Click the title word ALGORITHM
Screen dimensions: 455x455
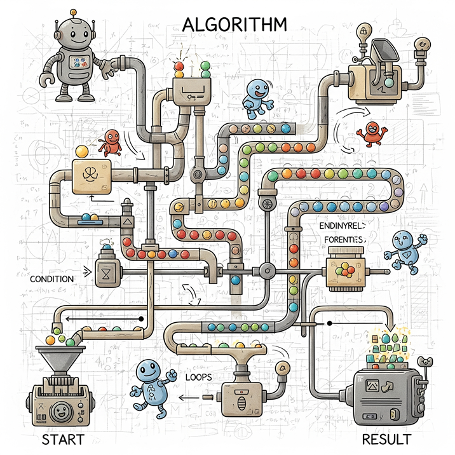tap(234, 24)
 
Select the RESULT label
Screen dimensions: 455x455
tap(386, 439)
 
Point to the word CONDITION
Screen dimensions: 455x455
tap(51, 278)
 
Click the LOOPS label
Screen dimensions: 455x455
tap(199, 376)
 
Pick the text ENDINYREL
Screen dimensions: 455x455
tap(341, 226)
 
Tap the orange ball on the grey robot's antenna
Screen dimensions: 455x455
tap(75, 11)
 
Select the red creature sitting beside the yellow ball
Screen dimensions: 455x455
tap(111, 142)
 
